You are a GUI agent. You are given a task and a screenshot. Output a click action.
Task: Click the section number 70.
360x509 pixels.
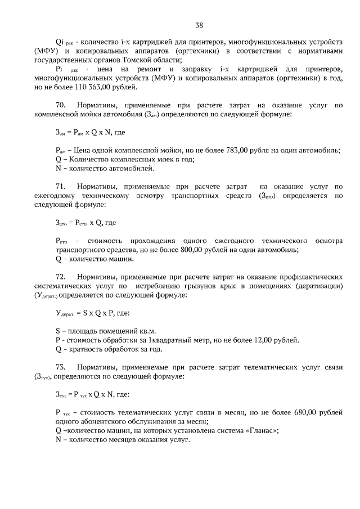61,105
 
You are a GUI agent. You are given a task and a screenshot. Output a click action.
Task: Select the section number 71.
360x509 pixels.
61,186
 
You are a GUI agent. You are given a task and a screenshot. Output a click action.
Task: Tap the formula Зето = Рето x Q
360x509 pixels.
80,222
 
